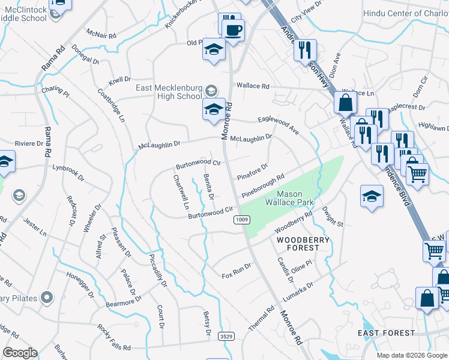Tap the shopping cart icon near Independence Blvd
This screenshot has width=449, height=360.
(x=417, y=174)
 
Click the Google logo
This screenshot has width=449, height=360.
(x=20, y=353)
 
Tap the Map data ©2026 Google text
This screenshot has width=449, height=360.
(x=411, y=355)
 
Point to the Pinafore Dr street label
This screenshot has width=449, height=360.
(x=252, y=171)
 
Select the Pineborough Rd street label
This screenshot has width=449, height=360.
(x=262, y=187)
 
